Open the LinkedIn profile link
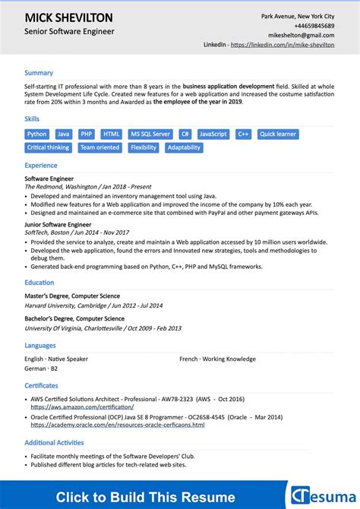(x=283, y=45)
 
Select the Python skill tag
(x=37, y=134)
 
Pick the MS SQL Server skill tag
(x=150, y=134)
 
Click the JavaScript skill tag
(x=213, y=134)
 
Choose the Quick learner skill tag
(x=278, y=134)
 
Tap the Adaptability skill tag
(x=184, y=147)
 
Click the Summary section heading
(x=39, y=73)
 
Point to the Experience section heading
(x=41, y=165)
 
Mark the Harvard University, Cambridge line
(x=93, y=305)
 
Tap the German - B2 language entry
(x=41, y=368)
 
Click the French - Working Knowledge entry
(x=217, y=359)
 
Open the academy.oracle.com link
(x=117, y=425)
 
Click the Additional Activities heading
(x=54, y=442)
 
